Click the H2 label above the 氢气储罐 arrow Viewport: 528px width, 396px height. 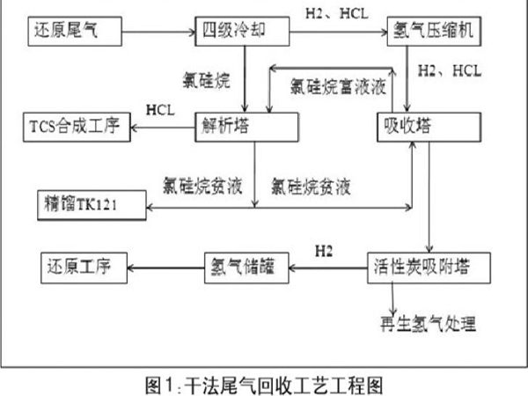[x=325, y=250]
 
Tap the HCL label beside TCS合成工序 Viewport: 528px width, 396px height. [x=161, y=109]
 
